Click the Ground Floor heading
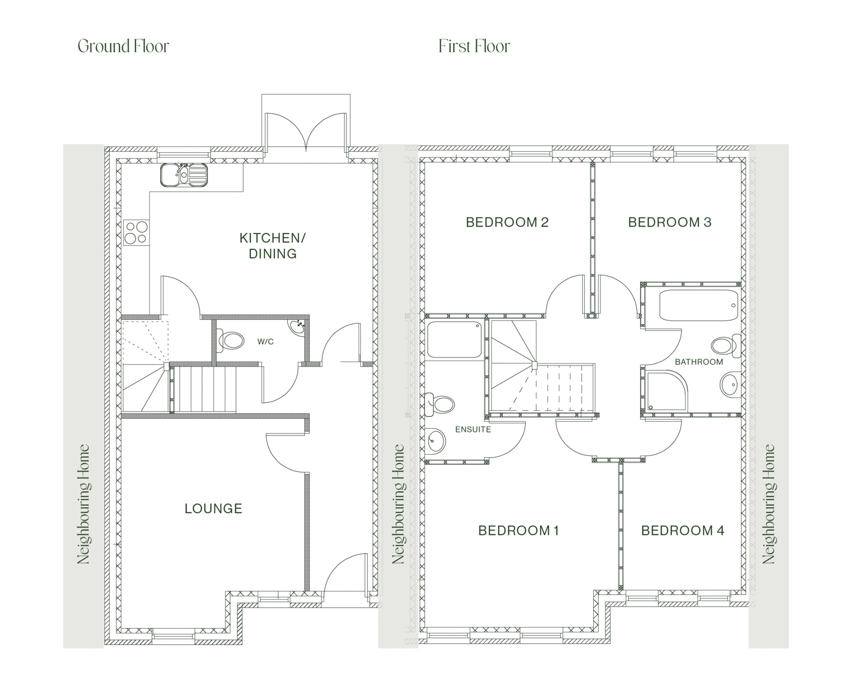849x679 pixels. point(124,46)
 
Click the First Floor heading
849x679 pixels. point(474,46)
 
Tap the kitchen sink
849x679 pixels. point(184,175)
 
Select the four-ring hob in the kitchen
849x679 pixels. point(136,232)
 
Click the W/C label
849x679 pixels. point(265,342)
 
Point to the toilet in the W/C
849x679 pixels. point(231,341)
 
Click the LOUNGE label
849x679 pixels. point(213,509)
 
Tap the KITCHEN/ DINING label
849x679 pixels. point(273,246)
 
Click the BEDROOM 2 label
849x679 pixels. point(507,222)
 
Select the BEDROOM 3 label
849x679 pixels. point(670,222)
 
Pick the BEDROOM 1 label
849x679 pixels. point(519,530)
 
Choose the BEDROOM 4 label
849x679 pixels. point(683,530)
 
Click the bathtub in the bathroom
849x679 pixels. point(699,306)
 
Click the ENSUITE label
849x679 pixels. point(473,430)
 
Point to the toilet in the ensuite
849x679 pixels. point(440,404)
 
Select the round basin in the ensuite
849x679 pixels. point(436,440)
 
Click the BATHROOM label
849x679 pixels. point(699,362)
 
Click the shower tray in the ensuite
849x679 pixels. point(455,339)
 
